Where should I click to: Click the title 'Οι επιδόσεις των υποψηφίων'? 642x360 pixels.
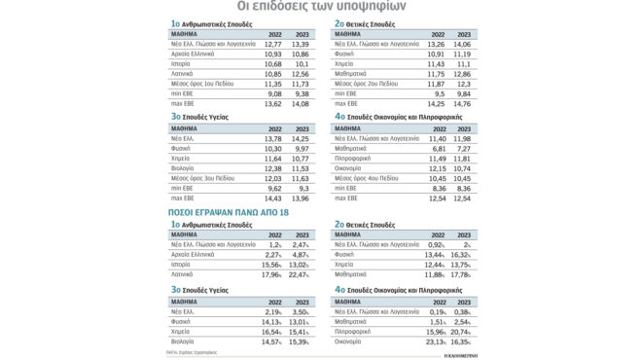[321, 8]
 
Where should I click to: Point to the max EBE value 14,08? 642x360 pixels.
[297, 104]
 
